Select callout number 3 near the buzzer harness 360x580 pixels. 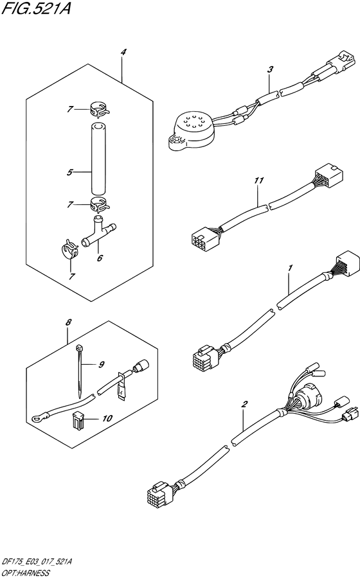pyautogui.click(x=271, y=69)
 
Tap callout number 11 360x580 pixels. pyautogui.click(x=258, y=182)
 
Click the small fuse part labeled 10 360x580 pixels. pyautogui.click(x=78, y=419)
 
